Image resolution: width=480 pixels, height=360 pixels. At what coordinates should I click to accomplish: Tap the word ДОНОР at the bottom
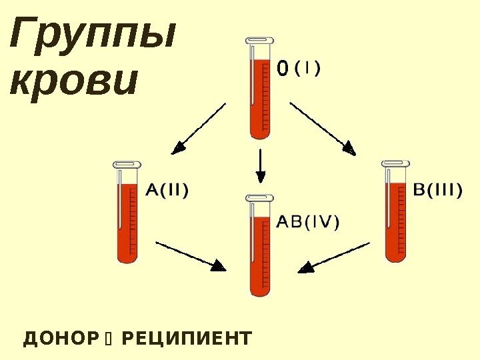[x=60, y=339]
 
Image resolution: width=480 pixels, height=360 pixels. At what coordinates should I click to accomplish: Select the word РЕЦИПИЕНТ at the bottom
[x=187, y=339]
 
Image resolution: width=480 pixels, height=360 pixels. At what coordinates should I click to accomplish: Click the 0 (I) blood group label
[x=299, y=68]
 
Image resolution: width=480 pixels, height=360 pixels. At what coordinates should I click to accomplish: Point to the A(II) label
[x=167, y=191]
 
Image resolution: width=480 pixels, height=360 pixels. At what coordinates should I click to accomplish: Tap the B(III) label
[x=437, y=191]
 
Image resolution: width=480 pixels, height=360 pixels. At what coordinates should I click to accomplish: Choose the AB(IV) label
[x=307, y=222]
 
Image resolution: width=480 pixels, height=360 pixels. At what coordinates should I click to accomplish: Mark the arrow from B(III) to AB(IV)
[x=333, y=257]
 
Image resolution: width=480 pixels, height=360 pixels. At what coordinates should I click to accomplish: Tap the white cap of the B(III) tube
[x=395, y=163]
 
